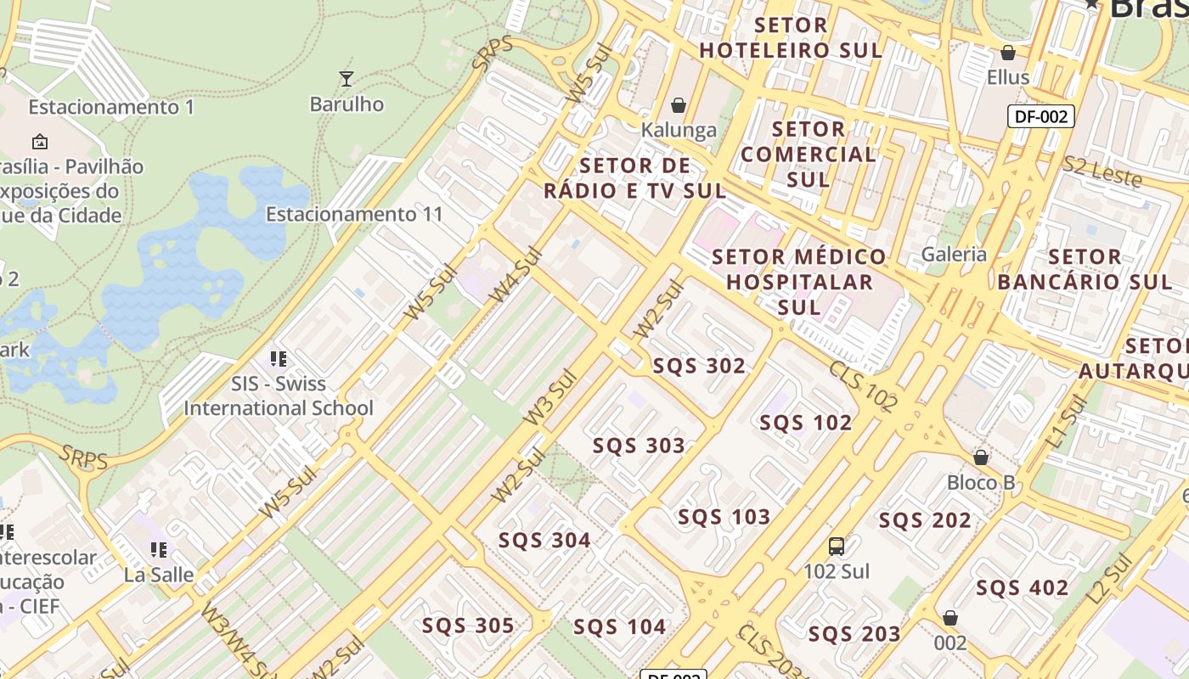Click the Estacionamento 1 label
111,108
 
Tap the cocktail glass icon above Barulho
346,79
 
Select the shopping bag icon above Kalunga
679,105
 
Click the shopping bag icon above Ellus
1008,53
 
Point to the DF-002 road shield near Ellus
1040,116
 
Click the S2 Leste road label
1102,171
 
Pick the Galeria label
955,254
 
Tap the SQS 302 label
699,366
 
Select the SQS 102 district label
805,423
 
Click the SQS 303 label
639,446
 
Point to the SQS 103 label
724,517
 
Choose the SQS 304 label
544,540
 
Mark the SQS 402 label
1022,587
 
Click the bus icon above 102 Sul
837,546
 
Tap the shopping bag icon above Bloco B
981,457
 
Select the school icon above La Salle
158,550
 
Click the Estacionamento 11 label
354,214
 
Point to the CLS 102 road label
863,386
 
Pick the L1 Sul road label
1068,422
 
